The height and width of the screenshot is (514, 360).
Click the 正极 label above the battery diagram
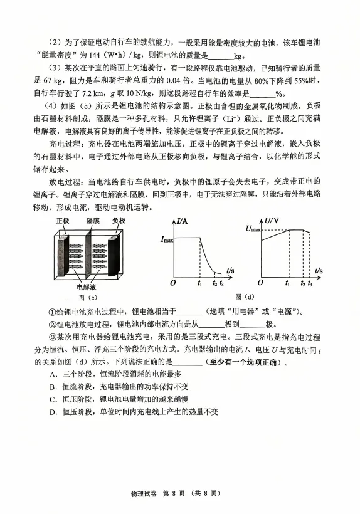click(63, 221)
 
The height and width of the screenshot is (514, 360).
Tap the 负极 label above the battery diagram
click(119, 221)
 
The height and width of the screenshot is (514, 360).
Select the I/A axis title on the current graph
click(184, 221)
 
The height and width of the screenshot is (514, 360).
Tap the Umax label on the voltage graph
click(253, 230)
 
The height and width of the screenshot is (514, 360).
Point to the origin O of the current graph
click(173, 283)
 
